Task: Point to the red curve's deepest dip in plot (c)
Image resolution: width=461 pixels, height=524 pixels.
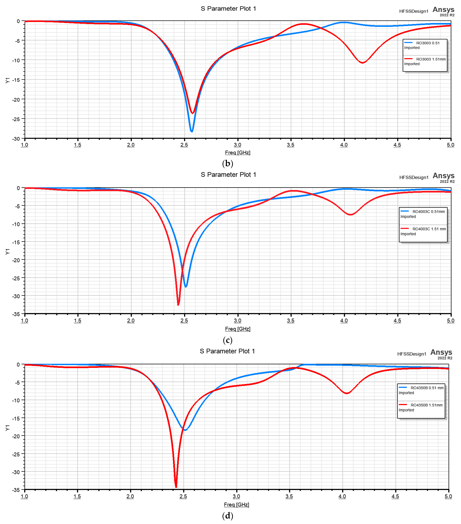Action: point(178,305)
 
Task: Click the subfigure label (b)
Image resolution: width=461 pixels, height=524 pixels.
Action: point(228,163)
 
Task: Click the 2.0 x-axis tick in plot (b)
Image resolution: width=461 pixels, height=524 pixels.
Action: point(131,145)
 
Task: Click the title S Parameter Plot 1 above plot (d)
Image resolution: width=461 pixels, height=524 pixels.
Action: point(227,351)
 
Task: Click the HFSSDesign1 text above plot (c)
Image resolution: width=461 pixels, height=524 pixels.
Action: point(414,177)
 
